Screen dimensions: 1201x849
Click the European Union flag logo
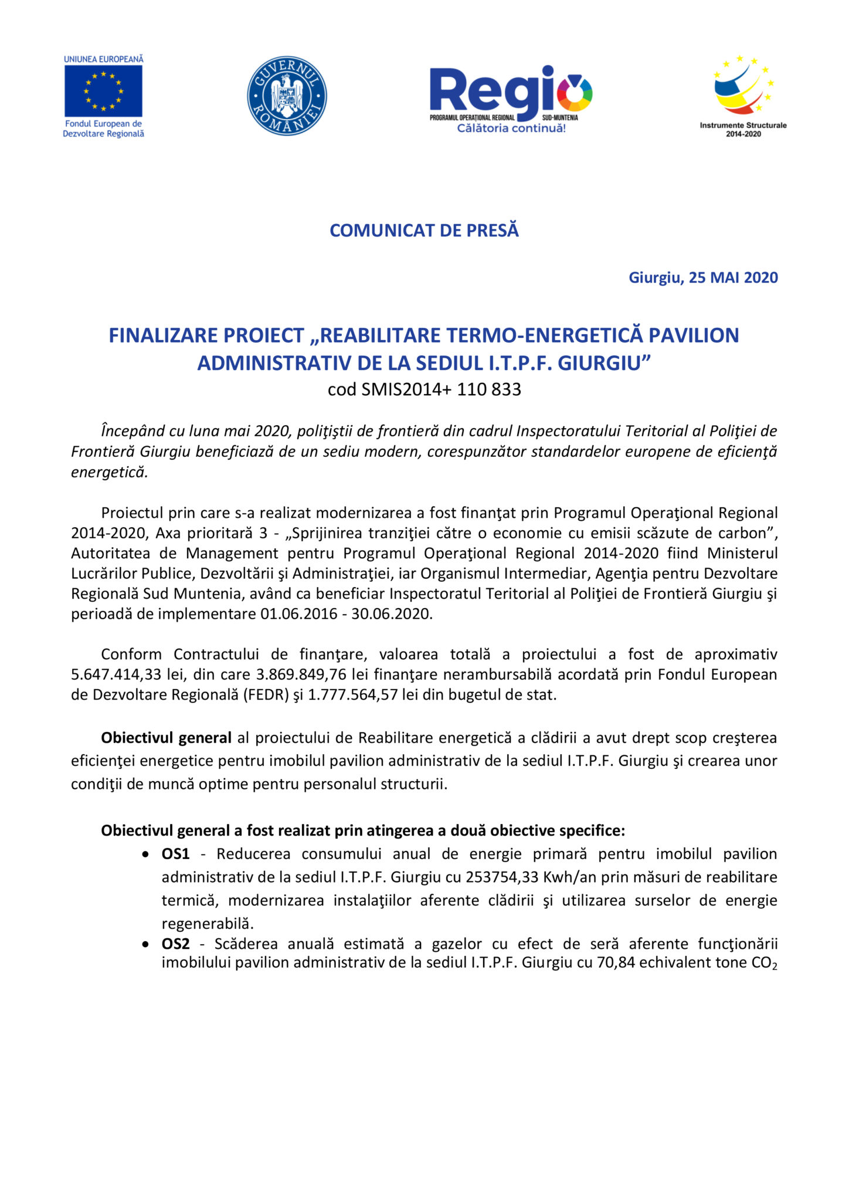coord(103,91)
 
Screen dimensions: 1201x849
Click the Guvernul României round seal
coord(287,96)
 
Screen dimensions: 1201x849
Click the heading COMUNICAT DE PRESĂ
coord(424,230)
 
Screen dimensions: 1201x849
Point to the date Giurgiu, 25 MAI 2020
coord(703,277)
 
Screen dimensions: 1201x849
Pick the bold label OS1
coord(175,854)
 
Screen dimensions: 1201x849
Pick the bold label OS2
coord(175,944)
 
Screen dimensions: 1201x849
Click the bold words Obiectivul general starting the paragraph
coord(166,738)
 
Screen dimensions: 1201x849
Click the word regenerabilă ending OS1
coord(208,924)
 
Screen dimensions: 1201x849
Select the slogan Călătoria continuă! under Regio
coord(511,128)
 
